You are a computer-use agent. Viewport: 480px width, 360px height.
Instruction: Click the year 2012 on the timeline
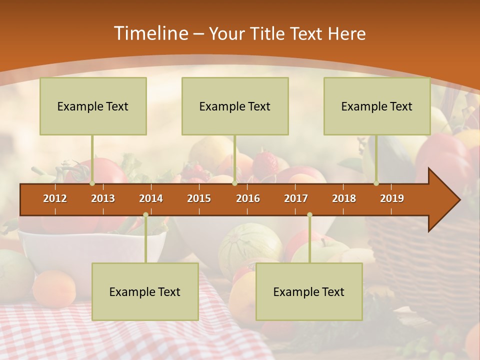55,198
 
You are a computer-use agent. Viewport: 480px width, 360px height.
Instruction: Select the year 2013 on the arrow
103,198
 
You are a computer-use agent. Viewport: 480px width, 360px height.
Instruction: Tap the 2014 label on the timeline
151,198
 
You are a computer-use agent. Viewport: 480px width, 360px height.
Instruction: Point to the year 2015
199,198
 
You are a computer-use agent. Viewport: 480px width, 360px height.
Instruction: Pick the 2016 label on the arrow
248,198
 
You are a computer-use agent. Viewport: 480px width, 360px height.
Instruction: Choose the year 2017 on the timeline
296,198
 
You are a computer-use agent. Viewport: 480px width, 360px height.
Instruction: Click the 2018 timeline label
344,198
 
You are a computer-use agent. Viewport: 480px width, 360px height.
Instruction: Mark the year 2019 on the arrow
392,198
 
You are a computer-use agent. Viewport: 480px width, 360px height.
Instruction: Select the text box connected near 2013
93,106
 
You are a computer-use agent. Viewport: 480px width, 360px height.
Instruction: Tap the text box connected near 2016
235,106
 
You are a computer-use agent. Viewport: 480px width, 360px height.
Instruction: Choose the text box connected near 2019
377,106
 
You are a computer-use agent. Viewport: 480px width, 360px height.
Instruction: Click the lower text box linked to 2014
145,291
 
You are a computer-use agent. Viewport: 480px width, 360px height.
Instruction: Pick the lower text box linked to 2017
309,291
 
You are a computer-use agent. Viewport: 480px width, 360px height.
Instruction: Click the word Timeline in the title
150,33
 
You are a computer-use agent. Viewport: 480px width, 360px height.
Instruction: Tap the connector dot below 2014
145,214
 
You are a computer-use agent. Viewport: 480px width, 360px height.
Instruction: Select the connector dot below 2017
309,214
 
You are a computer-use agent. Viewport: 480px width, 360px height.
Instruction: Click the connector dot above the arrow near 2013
92,183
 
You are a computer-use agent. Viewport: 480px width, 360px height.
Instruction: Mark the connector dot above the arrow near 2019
376,183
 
